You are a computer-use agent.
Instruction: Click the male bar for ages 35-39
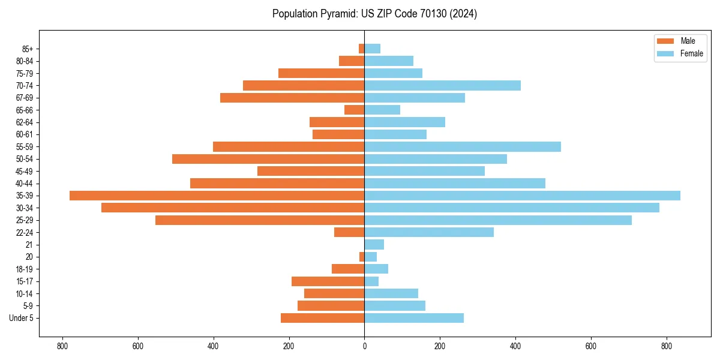coord(217,196)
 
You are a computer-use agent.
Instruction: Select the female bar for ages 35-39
coord(522,196)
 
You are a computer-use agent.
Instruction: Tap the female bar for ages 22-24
coord(429,232)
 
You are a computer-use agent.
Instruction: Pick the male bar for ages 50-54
coord(268,159)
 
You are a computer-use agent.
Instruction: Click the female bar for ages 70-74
coord(442,85)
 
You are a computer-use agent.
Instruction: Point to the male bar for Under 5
coord(322,318)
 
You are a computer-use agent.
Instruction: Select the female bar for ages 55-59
coord(463,146)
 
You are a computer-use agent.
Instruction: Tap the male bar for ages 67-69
coord(292,98)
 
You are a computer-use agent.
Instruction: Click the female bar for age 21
coord(374,244)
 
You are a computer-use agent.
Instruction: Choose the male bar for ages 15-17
coord(328,281)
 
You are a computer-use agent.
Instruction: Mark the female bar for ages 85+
coord(372,49)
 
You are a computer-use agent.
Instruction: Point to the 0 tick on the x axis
coord(364,346)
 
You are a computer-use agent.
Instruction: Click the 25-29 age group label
coord(25,220)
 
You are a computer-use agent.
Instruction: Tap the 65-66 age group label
coord(25,110)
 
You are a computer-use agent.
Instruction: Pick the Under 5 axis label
coord(22,318)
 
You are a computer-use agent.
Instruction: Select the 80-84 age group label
coord(25,61)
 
